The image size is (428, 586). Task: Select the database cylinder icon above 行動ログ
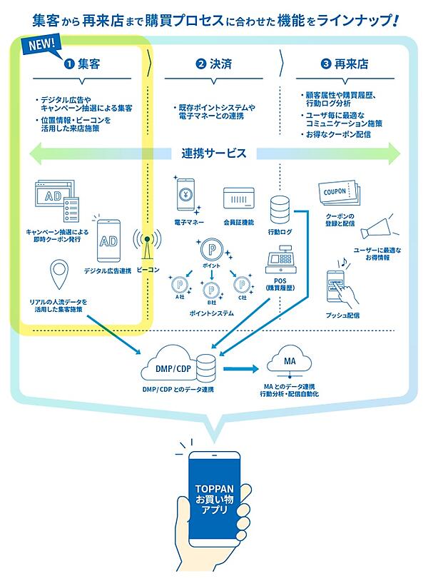pos(280,210)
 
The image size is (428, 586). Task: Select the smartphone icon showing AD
pos(108,240)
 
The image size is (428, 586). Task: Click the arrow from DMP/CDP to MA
pos(239,368)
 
